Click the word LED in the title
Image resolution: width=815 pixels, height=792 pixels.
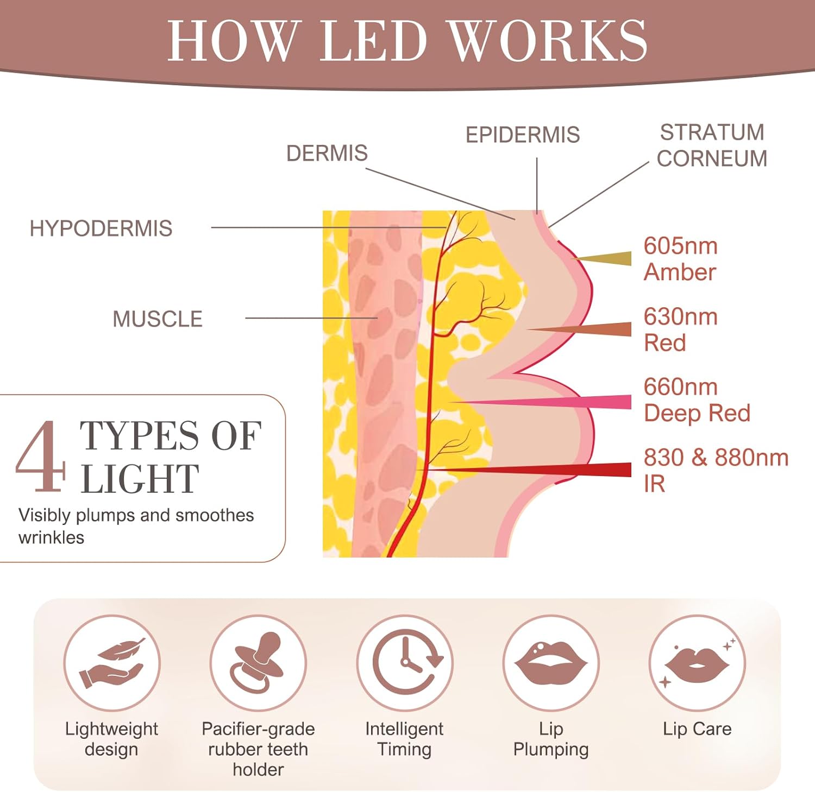[374, 41]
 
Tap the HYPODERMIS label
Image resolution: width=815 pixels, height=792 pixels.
[101, 229]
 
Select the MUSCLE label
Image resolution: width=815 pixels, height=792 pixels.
[158, 319]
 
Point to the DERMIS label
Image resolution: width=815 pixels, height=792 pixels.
[327, 154]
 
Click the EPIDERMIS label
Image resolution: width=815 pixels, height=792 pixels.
[523, 135]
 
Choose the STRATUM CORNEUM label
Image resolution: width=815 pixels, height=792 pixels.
[712, 145]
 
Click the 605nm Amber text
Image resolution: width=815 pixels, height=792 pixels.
[680, 259]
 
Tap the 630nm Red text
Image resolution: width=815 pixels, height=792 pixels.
[680, 330]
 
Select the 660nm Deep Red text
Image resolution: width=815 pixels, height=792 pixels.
[697, 400]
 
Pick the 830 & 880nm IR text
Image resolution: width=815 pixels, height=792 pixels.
[715, 470]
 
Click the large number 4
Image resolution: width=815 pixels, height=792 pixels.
[41, 457]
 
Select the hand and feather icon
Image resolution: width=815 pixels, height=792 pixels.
[112, 663]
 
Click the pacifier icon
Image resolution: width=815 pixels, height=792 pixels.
[258, 663]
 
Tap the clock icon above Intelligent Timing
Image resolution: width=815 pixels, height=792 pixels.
[405, 663]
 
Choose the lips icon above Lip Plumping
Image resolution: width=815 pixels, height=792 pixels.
[551, 663]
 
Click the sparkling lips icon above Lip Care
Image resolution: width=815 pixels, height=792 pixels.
[697, 663]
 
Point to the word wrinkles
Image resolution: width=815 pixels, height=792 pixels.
[52, 538]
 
